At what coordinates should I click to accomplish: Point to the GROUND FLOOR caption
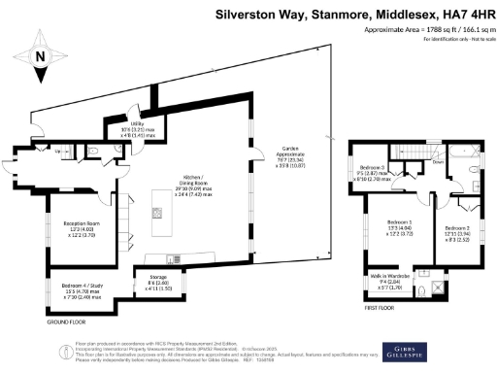click(64, 320)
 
